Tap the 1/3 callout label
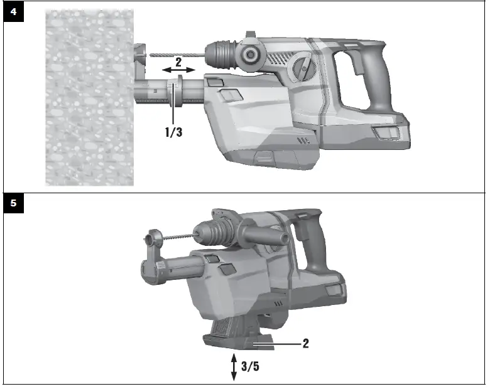coord(173,133)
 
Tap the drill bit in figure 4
coord(176,56)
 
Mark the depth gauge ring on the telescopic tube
coord(177,90)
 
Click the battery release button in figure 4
coord(384,133)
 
